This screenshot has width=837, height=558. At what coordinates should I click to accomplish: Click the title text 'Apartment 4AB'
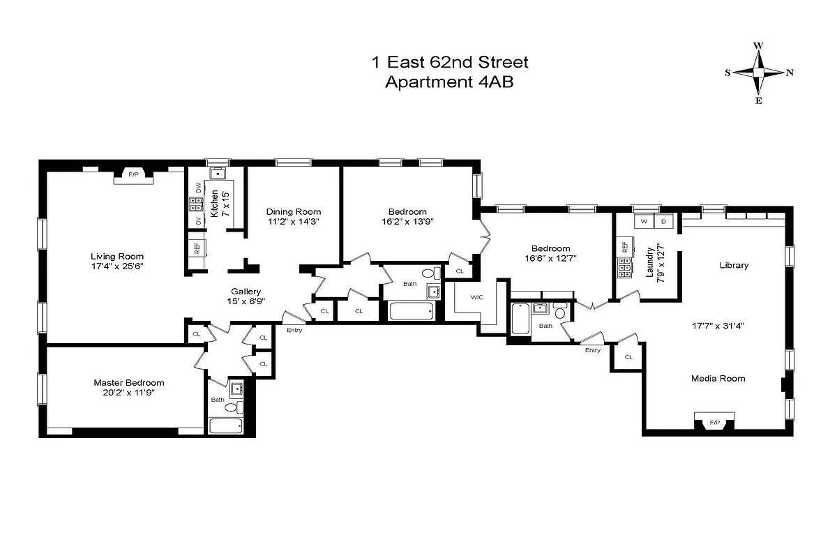coord(450,82)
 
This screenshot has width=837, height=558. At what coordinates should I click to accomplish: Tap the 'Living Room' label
coord(116,256)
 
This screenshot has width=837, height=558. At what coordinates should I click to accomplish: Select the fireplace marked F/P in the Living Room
coord(133,174)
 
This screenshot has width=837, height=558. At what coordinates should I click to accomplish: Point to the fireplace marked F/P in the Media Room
coord(715,422)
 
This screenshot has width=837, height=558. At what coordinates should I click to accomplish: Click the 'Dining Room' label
coord(293,211)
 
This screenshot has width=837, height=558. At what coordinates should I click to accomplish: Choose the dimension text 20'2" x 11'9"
coord(129,393)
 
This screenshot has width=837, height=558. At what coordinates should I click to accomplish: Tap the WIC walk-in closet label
coord(477,297)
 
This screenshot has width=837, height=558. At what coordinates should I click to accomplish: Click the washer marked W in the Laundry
coord(643,221)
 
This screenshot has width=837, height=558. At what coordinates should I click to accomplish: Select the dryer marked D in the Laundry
coord(663,221)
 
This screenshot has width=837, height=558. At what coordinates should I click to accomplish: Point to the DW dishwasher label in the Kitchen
coord(198,188)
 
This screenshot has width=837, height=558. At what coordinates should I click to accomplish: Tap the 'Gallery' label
coord(246,292)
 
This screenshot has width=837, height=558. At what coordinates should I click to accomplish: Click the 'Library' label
coord(734,265)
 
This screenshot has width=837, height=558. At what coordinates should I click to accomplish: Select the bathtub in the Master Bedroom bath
coord(225,425)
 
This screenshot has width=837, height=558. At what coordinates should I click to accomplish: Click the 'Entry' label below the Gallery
coord(294,330)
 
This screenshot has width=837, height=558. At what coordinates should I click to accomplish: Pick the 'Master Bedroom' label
coord(129,382)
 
